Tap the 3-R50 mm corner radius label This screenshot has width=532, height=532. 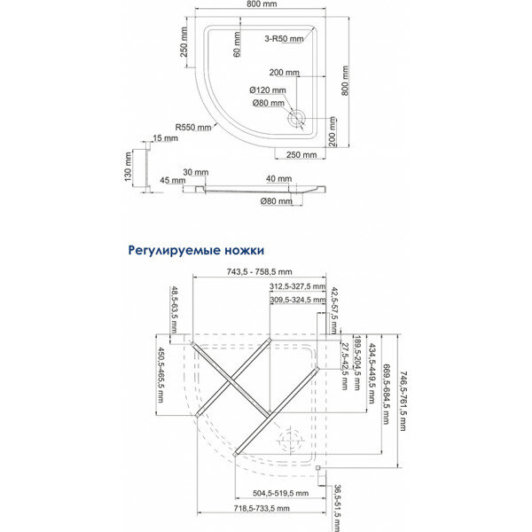(x=286, y=39)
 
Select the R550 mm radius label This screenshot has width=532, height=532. (x=193, y=128)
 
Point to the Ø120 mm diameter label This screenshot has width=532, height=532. (x=268, y=90)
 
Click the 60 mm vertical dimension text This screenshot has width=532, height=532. (x=238, y=41)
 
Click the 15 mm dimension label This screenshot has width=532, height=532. (x=165, y=138)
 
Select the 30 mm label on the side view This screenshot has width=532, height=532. (x=195, y=171)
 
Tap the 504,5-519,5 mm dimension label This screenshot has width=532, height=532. (x=278, y=493)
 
